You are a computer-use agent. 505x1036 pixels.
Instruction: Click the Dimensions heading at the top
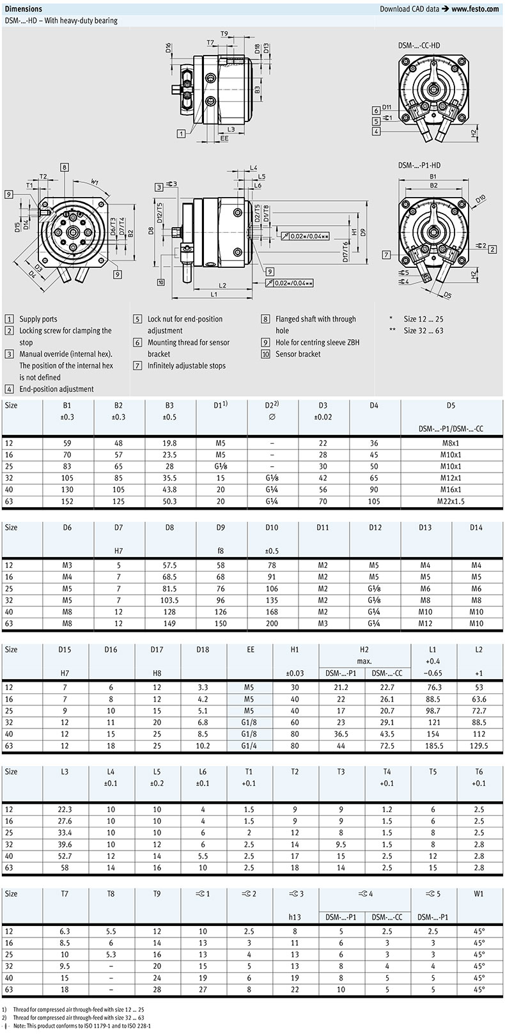coord(24,9)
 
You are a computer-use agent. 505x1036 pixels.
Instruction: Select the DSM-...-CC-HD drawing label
coord(419,45)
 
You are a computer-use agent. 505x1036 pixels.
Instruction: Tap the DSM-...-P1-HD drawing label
coord(419,165)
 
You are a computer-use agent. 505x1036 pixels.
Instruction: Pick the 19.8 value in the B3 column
coord(169,443)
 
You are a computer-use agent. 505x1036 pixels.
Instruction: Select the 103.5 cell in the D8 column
coord(170,600)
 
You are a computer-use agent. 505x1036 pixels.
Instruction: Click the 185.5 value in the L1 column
coord(433,745)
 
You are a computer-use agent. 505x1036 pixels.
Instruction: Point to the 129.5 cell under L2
coord(479,745)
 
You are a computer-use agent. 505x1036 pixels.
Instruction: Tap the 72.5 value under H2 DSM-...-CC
coord(387,745)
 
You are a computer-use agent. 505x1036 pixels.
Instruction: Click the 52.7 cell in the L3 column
coord(65,856)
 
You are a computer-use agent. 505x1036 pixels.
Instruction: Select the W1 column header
coord(479,893)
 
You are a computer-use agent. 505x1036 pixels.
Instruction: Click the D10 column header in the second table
coord(272,527)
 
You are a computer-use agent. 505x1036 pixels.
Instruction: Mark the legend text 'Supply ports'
coord(38,319)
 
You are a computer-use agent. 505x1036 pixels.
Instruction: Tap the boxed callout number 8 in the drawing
coord(65,168)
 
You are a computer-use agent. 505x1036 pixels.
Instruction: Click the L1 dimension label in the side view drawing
coord(214,295)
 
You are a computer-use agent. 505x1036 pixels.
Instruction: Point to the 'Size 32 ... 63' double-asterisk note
coord(423,331)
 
